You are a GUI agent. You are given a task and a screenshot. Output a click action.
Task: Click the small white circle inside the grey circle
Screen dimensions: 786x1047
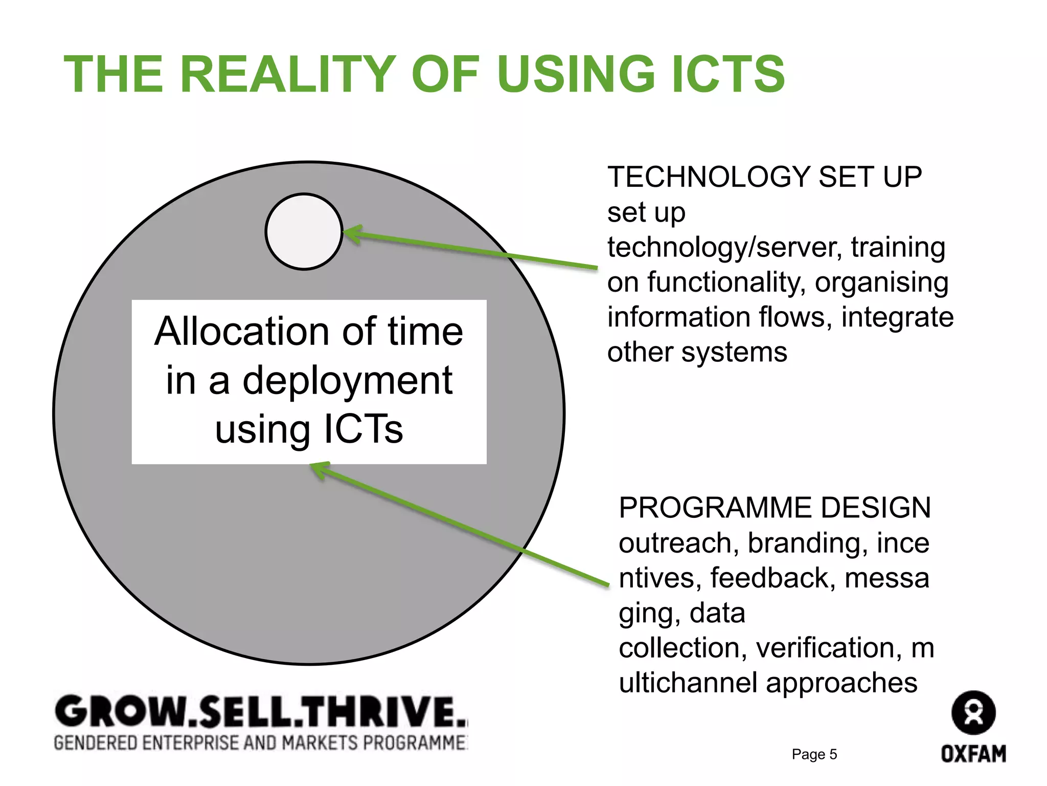click(x=304, y=231)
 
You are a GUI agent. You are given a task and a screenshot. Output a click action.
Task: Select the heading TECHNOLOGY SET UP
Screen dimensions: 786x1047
click(x=764, y=177)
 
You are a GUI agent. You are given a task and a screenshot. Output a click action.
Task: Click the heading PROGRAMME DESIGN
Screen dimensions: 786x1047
click(x=775, y=508)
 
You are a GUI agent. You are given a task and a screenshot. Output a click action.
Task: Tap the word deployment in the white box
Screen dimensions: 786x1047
click(x=347, y=381)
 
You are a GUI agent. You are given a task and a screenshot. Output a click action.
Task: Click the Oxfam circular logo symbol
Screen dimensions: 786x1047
click(x=973, y=713)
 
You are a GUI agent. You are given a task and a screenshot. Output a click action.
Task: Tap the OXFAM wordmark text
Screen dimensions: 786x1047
click(x=973, y=754)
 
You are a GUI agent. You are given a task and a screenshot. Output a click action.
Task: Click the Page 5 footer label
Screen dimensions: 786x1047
click(x=814, y=754)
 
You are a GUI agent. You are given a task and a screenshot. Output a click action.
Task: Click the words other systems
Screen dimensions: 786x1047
click(x=697, y=352)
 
